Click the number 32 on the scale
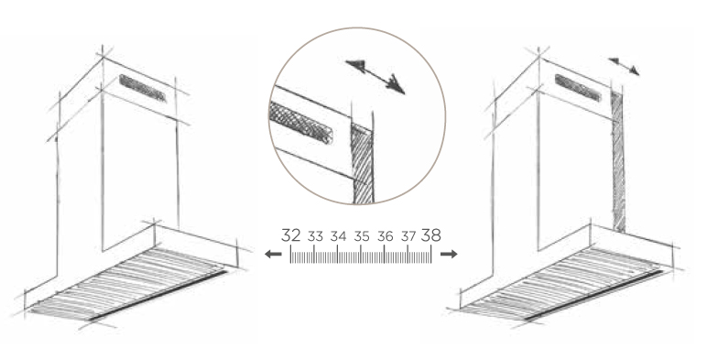[291, 235]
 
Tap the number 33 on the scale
[316, 236]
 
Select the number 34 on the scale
[338, 236]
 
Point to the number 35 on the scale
[362, 236]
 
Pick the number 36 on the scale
[385, 236]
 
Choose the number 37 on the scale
[408, 236]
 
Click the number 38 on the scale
[431, 235]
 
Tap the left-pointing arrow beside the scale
[273, 255]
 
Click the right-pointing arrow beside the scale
[449, 255]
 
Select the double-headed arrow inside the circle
[375, 77]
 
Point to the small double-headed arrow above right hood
[624, 66]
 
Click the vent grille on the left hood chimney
[144, 89]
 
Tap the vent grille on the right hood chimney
[578, 88]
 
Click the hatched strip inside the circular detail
[362, 164]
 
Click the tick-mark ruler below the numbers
[361, 255]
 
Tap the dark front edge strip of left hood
[157, 297]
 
